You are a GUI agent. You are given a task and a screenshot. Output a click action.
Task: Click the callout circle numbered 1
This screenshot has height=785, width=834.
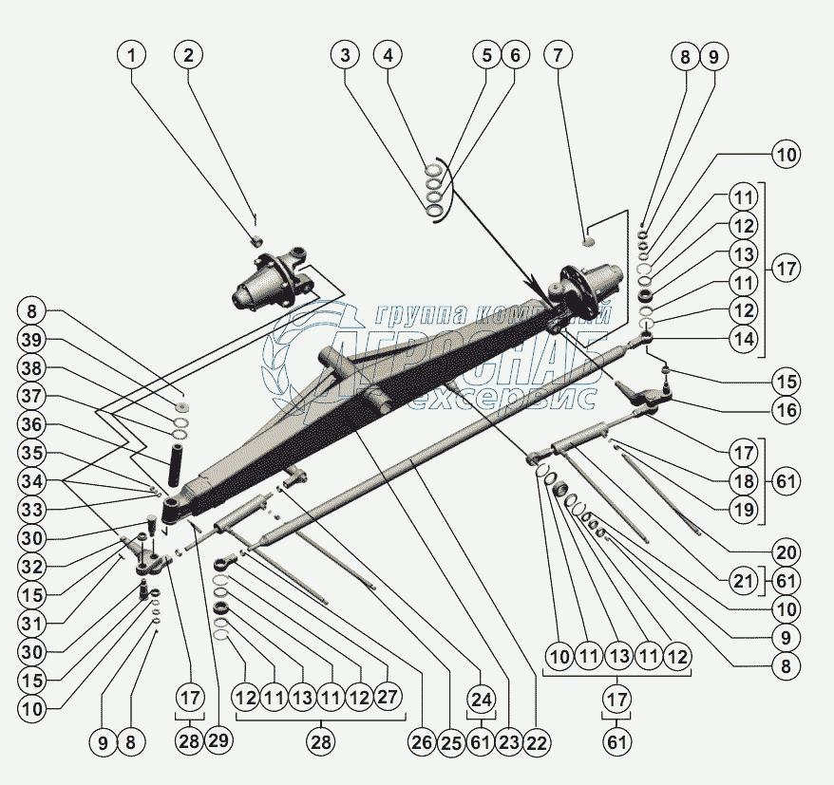[x=132, y=55]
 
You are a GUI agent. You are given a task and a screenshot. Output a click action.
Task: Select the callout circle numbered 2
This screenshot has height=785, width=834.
[x=189, y=55]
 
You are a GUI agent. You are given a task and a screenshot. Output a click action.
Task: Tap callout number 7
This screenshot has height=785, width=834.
[x=558, y=55]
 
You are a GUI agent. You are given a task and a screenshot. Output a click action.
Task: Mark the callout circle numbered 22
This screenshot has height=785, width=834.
[x=536, y=742]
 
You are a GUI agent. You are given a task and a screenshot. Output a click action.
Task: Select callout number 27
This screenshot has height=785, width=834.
[x=388, y=696]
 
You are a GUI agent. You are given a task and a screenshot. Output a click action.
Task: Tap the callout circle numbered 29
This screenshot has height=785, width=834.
[x=218, y=741]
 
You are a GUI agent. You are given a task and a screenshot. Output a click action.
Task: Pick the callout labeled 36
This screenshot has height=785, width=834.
[x=32, y=424]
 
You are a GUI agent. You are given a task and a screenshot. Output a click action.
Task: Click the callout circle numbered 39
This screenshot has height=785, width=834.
[x=32, y=339]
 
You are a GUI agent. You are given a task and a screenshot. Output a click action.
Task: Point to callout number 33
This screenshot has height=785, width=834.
[x=32, y=511]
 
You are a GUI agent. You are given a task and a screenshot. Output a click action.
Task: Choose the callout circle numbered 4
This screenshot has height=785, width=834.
[x=388, y=55]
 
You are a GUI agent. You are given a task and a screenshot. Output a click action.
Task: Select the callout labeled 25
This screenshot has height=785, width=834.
[x=451, y=742]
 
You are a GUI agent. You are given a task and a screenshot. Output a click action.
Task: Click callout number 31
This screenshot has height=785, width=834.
[x=32, y=624]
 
